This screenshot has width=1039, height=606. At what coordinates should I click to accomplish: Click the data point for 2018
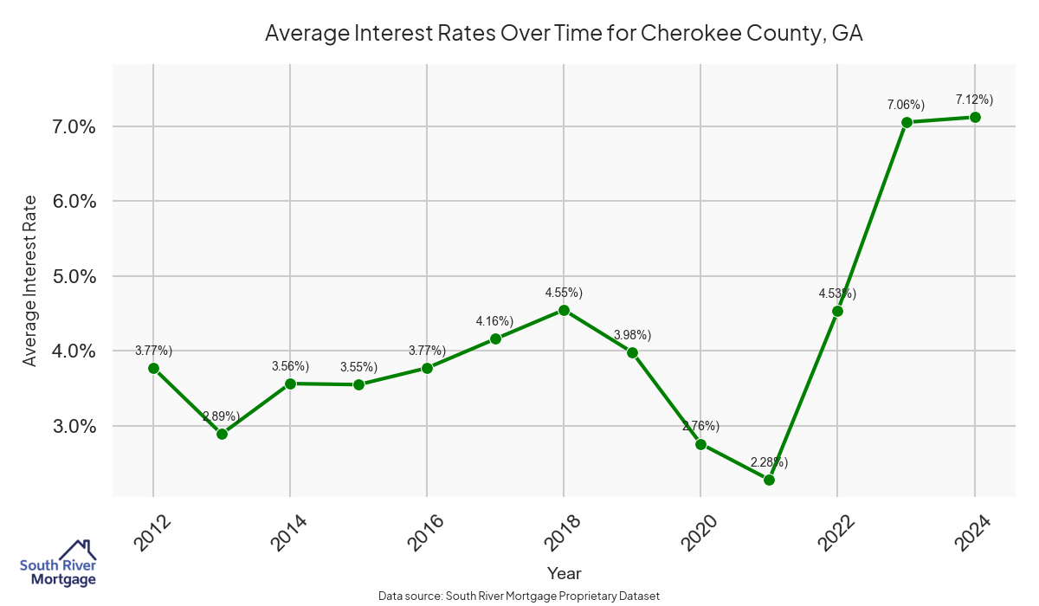[564, 310]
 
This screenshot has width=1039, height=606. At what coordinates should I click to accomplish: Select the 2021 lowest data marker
[769, 480]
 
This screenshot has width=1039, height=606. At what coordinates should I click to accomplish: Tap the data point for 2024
[975, 117]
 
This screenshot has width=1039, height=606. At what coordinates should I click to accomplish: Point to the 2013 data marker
[222, 434]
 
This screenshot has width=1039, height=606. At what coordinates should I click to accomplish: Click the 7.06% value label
[906, 105]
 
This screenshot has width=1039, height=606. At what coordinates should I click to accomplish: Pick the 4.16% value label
[494, 321]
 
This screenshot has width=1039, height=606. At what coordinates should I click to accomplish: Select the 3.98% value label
[632, 335]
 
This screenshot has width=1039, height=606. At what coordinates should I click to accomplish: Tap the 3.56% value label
[290, 366]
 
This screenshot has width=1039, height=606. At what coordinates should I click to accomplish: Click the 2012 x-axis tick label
[146, 533]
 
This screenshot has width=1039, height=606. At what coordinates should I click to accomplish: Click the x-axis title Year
[564, 573]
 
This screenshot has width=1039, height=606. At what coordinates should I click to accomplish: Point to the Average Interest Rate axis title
[30, 280]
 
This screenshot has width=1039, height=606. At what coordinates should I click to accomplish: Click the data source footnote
[519, 596]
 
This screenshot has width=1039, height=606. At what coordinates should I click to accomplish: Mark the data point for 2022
[837, 311]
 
